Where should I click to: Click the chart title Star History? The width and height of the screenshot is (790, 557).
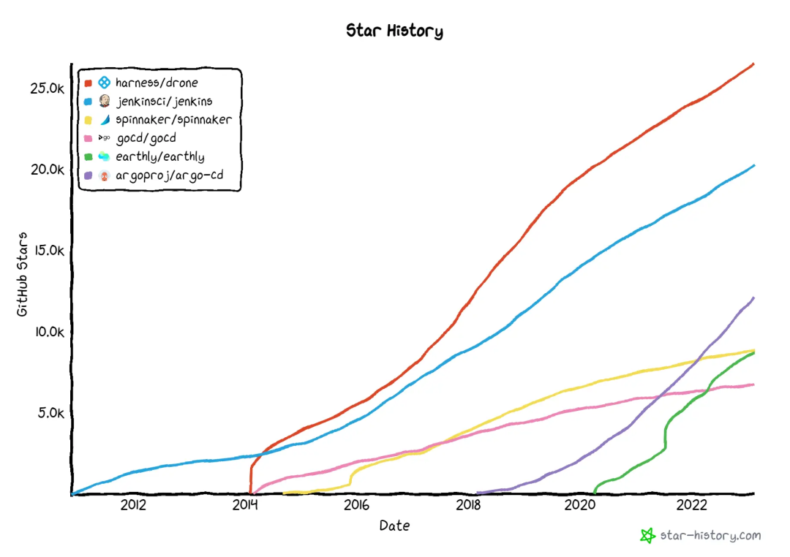[x=394, y=31]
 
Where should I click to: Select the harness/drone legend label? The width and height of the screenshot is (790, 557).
[x=157, y=83]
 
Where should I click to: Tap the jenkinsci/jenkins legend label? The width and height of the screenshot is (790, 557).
[x=165, y=101]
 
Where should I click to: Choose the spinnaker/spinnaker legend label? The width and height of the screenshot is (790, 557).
[x=173, y=120]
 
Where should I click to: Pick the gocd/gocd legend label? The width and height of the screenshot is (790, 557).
[x=146, y=138]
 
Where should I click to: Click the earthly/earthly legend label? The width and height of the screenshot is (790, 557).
[x=160, y=156]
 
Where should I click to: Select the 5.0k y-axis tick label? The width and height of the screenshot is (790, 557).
[x=51, y=412]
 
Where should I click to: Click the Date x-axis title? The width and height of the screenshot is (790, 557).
[x=394, y=526]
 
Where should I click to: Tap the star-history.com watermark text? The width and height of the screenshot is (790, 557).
[x=710, y=536]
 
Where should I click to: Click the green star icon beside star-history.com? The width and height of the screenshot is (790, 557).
[x=647, y=536]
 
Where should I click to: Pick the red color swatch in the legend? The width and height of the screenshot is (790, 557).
[x=88, y=83]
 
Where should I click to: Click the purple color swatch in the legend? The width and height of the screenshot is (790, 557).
[x=88, y=175]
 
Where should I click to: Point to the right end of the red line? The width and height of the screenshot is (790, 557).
[x=753, y=64]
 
